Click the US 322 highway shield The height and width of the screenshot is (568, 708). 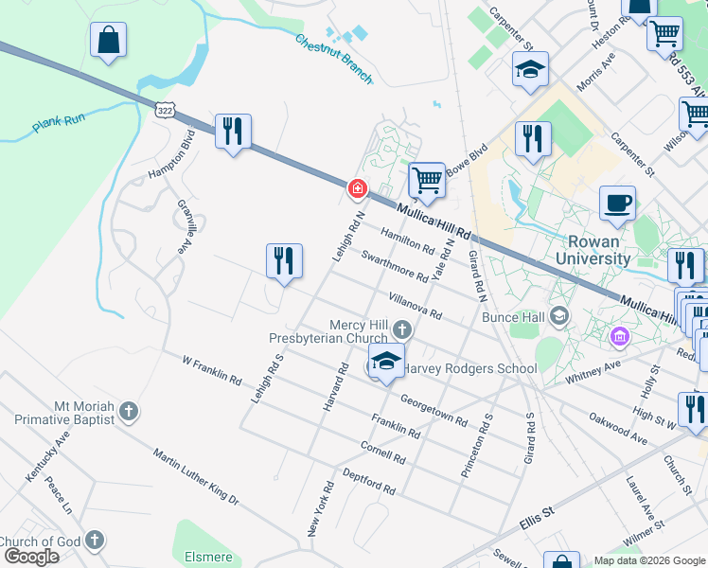[166, 111]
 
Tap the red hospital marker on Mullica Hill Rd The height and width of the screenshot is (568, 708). [358, 189]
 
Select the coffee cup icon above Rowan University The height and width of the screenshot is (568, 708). [617, 203]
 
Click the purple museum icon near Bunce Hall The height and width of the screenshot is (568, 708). [620, 336]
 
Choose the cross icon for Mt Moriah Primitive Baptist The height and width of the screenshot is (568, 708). [129, 411]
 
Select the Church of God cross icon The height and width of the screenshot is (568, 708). [93, 541]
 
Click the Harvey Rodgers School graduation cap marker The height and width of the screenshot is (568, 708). [386, 362]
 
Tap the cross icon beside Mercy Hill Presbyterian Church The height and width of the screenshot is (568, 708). [402, 330]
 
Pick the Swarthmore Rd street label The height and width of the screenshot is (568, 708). [394, 266]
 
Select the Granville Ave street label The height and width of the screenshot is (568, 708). [182, 226]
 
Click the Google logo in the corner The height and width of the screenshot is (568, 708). [30, 557]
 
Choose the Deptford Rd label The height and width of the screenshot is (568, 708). [368, 481]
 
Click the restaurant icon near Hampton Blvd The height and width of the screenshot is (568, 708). [233, 132]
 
